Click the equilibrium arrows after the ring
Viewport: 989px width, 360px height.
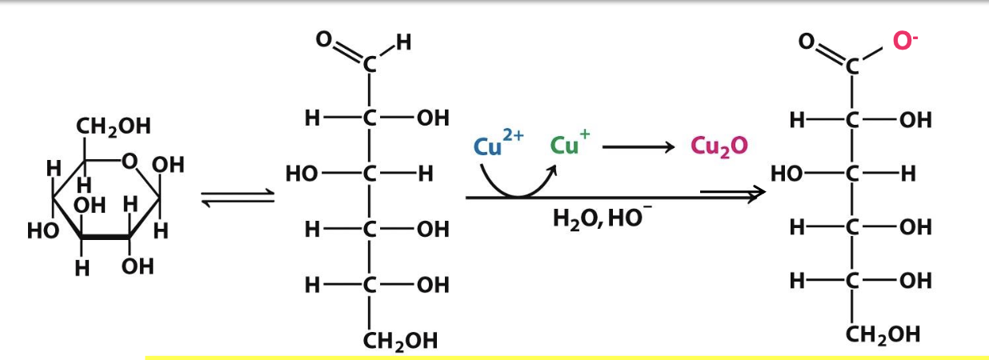click(236, 197)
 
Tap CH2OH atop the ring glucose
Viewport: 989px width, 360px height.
click(113, 126)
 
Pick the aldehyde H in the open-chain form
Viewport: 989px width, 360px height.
click(403, 42)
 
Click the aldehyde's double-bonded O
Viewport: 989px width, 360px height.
click(323, 39)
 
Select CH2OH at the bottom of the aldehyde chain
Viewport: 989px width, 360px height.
click(400, 342)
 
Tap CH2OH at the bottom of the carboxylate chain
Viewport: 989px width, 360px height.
click(883, 334)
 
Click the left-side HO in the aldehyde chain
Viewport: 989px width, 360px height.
click(302, 174)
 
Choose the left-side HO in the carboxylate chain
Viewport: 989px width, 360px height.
click(787, 174)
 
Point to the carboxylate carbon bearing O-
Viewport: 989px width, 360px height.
click(852, 69)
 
